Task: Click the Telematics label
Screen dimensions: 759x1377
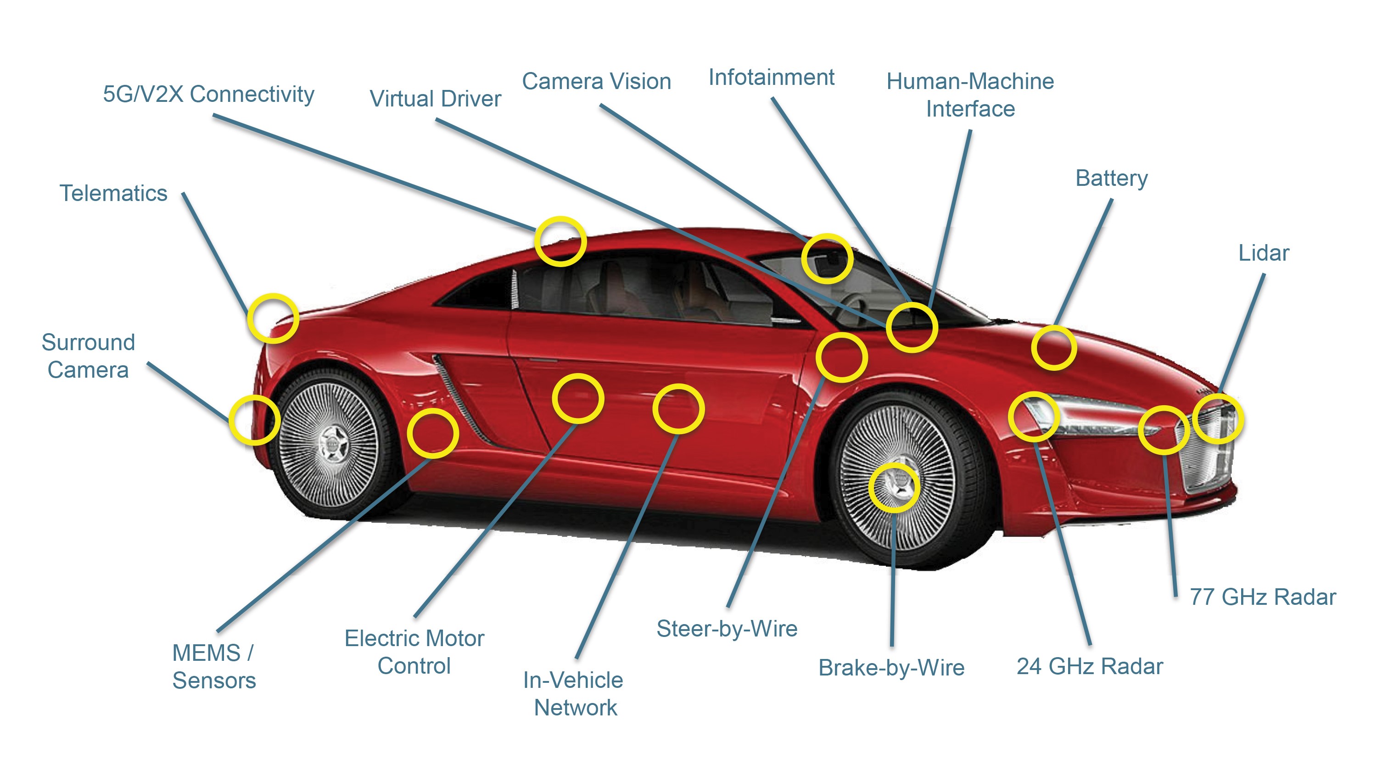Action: click(x=113, y=194)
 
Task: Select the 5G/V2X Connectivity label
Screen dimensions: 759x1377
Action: click(x=208, y=94)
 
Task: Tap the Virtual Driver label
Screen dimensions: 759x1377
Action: click(x=435, y=99)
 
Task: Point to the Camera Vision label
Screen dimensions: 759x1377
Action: click(x=596, y=82)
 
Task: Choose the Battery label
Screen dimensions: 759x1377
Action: click(x=1111, y=179)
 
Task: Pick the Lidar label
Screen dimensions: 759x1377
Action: click(x=1263, y=253)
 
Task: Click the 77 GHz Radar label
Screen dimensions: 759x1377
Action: click(x=1262, y=597)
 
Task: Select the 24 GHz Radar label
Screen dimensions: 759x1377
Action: click(x=1089, y=666)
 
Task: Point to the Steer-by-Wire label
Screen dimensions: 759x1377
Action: click(x=727, y=629)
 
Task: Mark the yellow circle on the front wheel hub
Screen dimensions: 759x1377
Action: click(x=894, y=487)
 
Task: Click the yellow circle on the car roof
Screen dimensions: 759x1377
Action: click(x=560, y=241)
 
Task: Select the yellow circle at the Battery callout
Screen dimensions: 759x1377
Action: click(x=1053, y=348)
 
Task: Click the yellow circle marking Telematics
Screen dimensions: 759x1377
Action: click(x=273, y=318)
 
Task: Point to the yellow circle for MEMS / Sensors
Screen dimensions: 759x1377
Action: click(x=432, y=433)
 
